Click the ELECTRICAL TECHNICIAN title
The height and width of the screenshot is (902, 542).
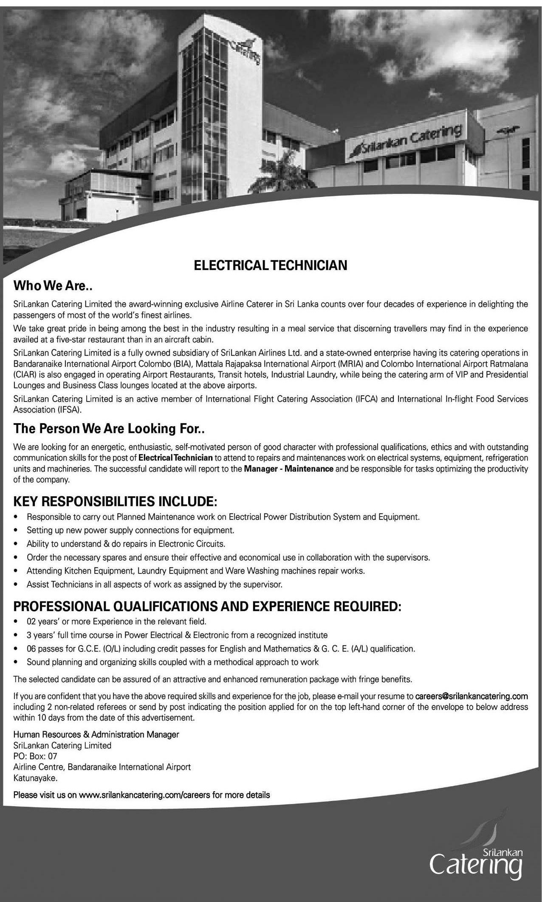click(x=271, y=265)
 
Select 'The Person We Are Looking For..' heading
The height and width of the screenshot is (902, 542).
click(x=109, y=429)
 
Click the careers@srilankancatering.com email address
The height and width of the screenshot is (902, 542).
click(x=471, y=696)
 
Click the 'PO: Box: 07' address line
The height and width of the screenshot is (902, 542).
click(x=35, y=756)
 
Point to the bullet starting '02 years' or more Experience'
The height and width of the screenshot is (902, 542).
click(x=116, y=621)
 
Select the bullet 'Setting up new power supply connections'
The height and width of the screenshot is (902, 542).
click(x=130, y=530)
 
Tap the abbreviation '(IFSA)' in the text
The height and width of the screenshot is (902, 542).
click(x=68, y=410)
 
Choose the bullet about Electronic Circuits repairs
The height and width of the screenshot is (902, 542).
click(x=126, y=543)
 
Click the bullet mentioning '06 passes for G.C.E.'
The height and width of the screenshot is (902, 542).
click(x=220, y=649)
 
